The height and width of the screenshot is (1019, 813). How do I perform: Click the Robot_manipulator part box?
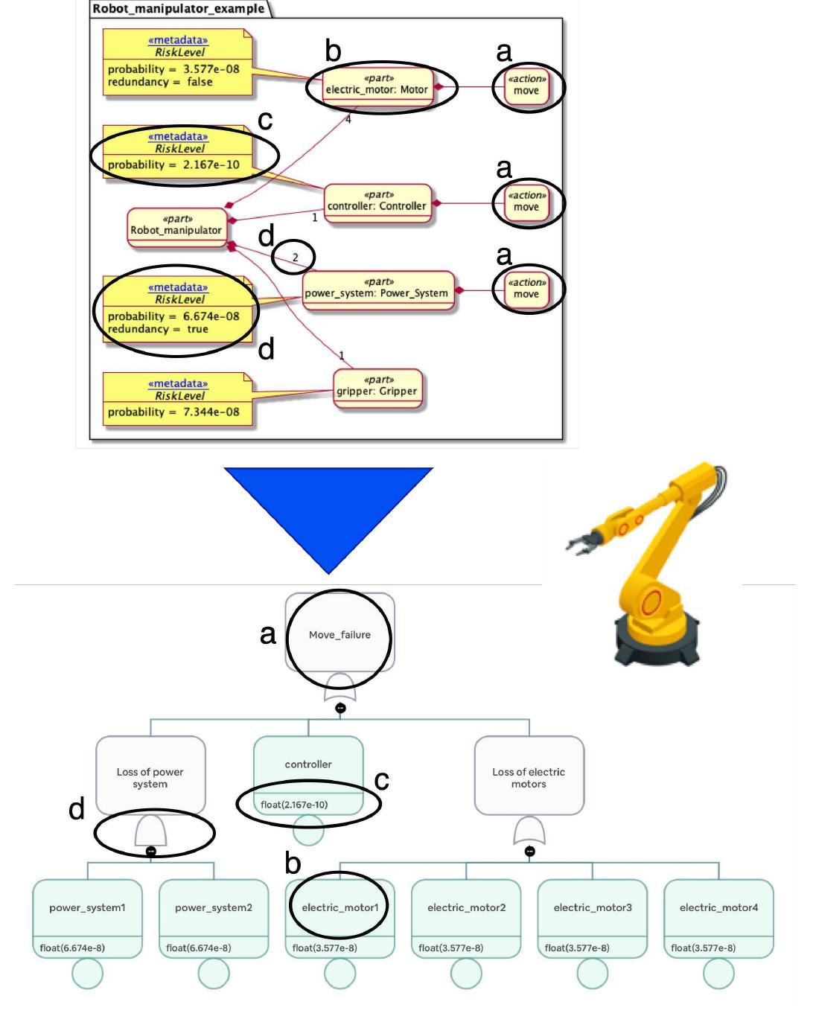[176, 225]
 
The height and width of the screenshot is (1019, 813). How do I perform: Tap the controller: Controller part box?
[377, 202]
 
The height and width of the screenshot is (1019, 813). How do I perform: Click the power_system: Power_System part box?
[377, 289]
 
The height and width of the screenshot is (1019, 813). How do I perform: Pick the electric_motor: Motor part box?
[377, 85]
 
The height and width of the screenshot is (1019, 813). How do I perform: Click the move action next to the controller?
[526, 202]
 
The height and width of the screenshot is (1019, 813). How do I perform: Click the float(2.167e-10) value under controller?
[294, 805]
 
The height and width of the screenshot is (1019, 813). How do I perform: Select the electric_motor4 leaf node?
[718, 908]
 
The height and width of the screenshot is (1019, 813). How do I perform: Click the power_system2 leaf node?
[214, 908]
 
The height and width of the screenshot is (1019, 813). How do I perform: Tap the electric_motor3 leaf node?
[593, 908]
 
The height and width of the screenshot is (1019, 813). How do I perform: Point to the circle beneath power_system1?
[88, 974]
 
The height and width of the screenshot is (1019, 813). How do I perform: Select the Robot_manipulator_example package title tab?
[178, 9]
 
